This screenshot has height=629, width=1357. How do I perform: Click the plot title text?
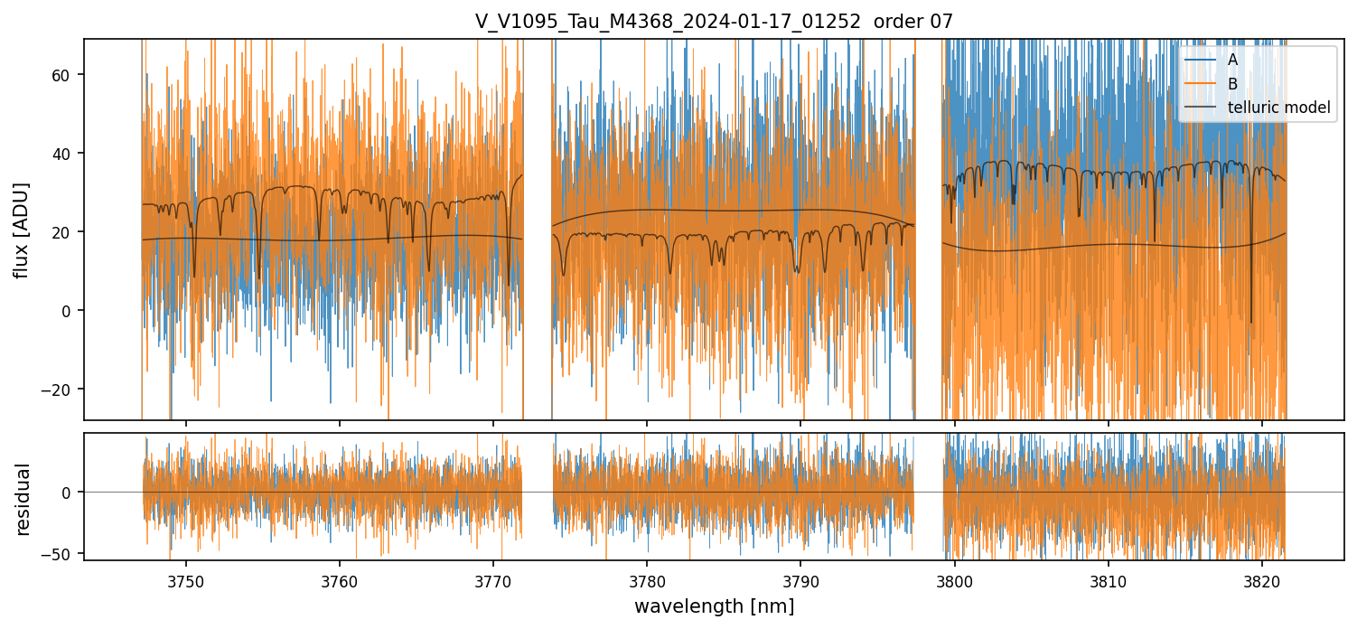tap(714, 22)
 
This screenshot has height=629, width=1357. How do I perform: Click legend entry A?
tap(1233, 60)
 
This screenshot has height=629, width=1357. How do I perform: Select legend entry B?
tap(1233, 84)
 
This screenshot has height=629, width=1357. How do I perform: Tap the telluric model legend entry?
tap(1279, 108)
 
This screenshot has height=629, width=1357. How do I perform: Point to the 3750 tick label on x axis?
tap(186, 580)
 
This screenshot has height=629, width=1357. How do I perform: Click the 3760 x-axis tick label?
tap(340, 580)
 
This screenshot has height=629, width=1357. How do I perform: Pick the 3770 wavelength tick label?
tap(493, 580)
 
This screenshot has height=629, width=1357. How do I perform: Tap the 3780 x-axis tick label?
tap(647, 580)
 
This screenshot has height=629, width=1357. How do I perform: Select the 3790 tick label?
tap(801, 580)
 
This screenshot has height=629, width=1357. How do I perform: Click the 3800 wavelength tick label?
tap(955, 580)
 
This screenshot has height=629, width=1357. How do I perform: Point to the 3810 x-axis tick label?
tap(1109, 580)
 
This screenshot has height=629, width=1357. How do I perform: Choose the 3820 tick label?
tap(1262, 580)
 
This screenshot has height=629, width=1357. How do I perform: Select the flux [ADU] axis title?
tap(22, 230)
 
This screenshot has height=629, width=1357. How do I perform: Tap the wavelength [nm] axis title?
tap(714, 606)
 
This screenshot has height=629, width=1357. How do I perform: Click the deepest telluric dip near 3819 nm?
tap(1251, 321)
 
